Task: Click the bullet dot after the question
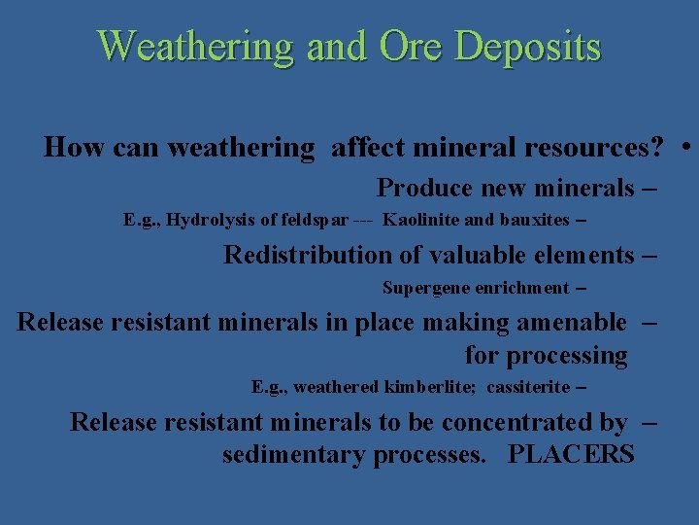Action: pyautogui.click(x=686, y=148)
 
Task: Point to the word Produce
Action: pyautogui.click(x=423, y=188)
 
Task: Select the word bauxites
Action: pyautogui.click(x=534, y=220)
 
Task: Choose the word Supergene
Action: pyautogui.click(x=422, y=288)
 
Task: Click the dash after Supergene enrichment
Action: pyautogui.click(x=581, y=288)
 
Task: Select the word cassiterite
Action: pyautogui.click(x=528, y=387)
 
